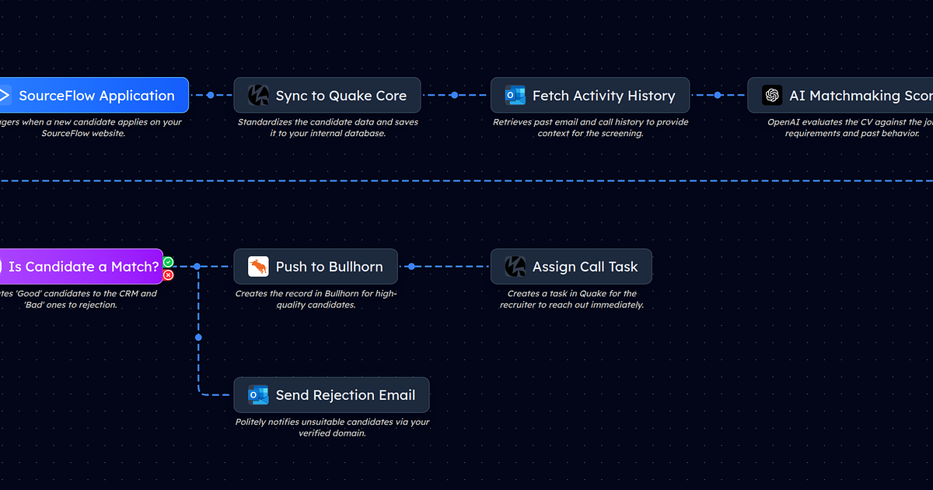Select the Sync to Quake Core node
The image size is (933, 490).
(x=327, y=96)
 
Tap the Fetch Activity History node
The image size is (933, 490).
(x=589, y=96)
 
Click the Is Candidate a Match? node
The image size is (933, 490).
(x=82, y=267)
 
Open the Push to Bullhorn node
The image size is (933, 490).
(x=316, y=267)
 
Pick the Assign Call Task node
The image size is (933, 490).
(x=571, y=267)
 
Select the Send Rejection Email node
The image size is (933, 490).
(x=331, y=395)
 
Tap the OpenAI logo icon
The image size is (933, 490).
(x=772, y=96)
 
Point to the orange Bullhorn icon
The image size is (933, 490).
(x=258, y=267)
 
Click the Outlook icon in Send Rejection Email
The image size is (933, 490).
(x=258, y=395)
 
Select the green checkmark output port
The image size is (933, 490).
(x=168, y=262)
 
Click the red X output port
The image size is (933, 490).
(x=168, y=275)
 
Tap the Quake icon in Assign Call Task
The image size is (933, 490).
(x=515, y=267)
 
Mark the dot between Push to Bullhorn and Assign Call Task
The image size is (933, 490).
(x=411, y=267)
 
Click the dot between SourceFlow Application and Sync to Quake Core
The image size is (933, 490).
(x=210, y=96)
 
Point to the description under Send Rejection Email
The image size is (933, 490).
(x=332, y=428)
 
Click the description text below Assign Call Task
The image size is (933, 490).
(x=571, y=299)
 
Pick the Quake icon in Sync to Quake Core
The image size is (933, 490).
(x=258, y=96)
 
